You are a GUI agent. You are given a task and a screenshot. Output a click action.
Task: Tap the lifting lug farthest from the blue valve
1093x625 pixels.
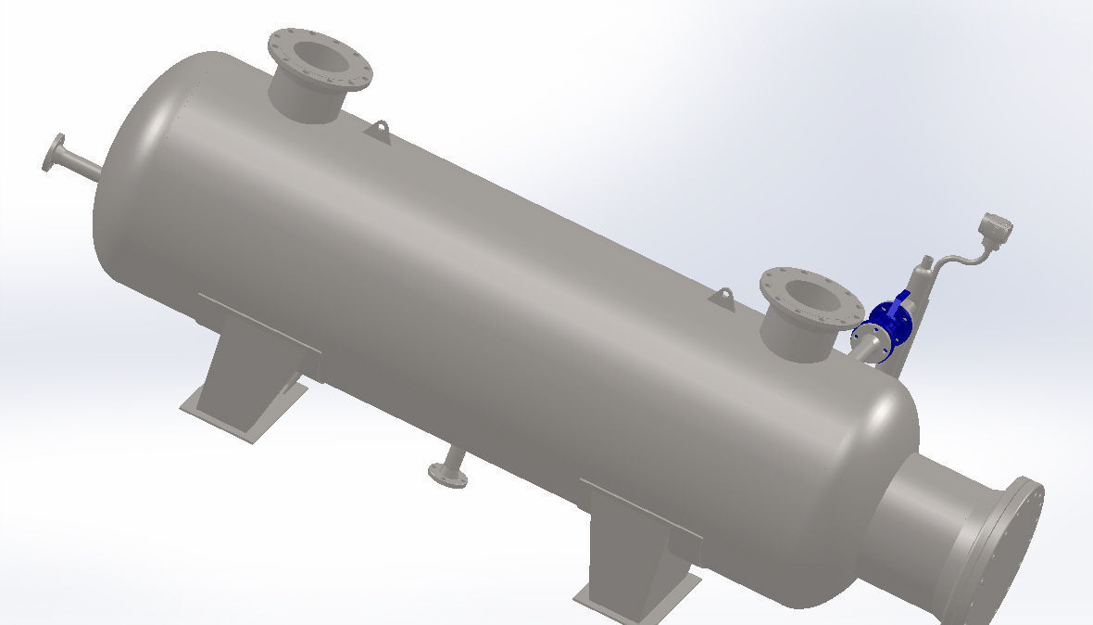point(377,131)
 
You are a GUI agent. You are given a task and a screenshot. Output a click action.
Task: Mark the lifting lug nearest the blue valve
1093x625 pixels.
point(722,298)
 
